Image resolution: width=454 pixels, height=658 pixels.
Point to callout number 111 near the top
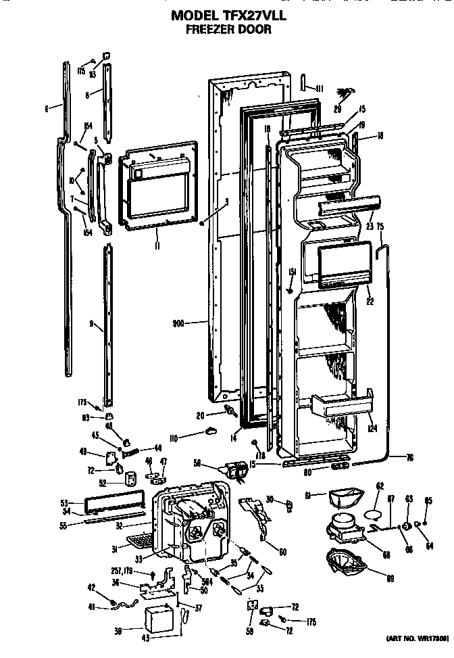(x=320, y=89)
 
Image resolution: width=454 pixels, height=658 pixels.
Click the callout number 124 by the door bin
(x=372, y=429)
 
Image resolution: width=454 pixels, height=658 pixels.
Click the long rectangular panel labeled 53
(x=116, y=504)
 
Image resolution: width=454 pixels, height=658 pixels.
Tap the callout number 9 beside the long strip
(x=91, y=325)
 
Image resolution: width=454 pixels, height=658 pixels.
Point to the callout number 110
(x=174, y=439)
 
